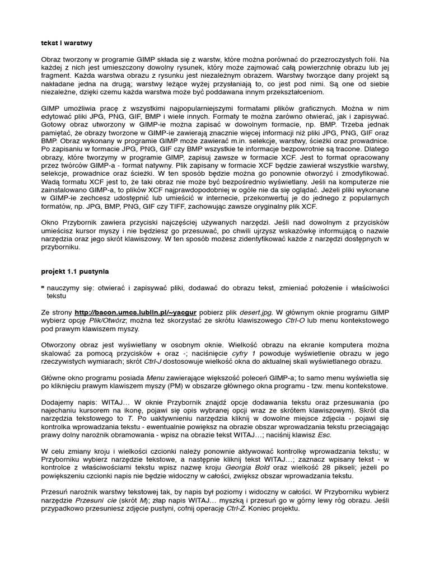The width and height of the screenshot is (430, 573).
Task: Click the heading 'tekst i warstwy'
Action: click(67, 43)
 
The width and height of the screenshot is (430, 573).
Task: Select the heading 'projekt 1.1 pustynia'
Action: click(75, 271)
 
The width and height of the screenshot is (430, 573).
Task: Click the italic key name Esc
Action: click(324, 435)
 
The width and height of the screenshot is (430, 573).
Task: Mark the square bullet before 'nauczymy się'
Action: click(43, 287)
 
